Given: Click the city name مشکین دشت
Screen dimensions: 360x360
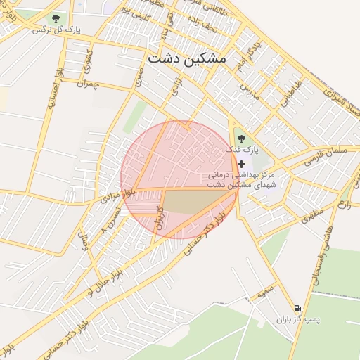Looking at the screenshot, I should (188, 58).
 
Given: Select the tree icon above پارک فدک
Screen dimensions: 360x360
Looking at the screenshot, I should (241, 139).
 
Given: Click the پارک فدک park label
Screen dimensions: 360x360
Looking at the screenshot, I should (242, 150).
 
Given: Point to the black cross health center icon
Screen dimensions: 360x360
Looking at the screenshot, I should (242, 163).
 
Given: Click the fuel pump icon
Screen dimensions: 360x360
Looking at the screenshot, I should (297, 309).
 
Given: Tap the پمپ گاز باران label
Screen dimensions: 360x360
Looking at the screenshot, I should (297, 320).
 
